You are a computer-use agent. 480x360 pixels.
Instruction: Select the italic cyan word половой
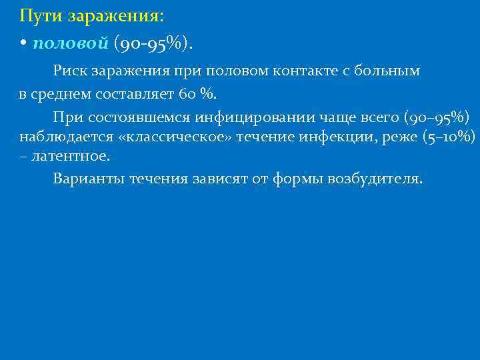70,43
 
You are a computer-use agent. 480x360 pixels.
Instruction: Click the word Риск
69,71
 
